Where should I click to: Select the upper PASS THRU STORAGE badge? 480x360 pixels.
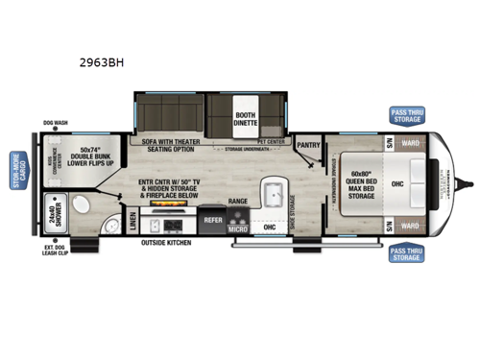405,115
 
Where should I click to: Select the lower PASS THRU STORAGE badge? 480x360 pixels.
405,253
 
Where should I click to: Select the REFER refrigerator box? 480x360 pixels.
212,219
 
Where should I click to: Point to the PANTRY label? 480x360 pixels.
308,146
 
